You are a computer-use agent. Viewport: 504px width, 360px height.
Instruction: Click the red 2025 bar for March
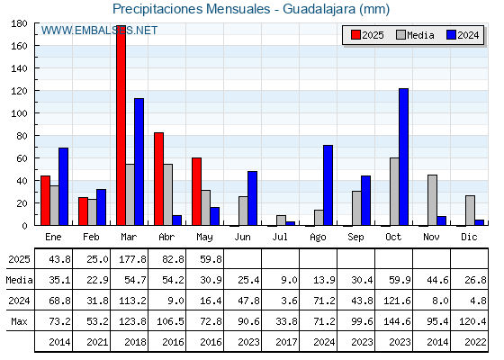[x=121, y=125]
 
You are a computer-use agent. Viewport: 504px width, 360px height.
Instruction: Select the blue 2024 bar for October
[x=403, y=157]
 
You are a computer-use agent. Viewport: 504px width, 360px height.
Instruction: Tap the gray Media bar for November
[x=432, y=200]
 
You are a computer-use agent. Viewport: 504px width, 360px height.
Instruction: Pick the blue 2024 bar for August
[x=328, y=185]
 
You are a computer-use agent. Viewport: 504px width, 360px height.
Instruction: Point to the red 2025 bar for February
[x=83, y=211]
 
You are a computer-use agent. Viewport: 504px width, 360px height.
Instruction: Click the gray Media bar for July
[x=281, y=220]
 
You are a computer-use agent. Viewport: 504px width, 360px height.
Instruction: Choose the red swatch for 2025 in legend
[x=355, y=35]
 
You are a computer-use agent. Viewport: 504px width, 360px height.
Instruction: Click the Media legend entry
[x=416, y=35]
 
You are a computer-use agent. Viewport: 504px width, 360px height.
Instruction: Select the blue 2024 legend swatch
[x=451, y=35]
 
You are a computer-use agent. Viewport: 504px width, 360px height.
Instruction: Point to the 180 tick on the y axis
[x=19, y=23]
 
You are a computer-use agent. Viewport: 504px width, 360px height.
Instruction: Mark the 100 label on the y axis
[x=19, y=113]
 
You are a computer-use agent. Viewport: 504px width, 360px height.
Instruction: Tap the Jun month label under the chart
[x=242, y=238]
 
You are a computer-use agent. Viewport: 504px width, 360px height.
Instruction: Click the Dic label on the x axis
[x=469, y=237]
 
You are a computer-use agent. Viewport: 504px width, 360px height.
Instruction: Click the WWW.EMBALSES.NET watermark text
[x=99, y=31]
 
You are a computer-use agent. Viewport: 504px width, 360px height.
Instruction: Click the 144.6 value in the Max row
[x=397, y=321]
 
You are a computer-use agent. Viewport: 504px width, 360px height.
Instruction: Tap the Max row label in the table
[x=19, y=321]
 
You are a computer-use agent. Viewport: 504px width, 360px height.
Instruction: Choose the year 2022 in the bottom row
[x=475, y=342]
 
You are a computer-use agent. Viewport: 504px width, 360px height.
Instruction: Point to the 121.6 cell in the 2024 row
[x=397, y=301]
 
